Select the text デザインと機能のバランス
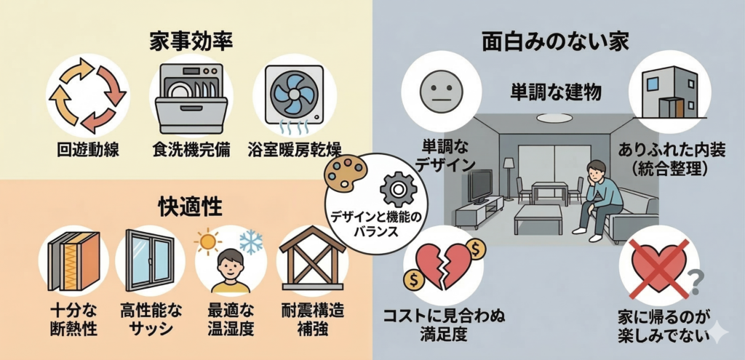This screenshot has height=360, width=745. point(373,224)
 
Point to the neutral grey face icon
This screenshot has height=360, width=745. point(441,88)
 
